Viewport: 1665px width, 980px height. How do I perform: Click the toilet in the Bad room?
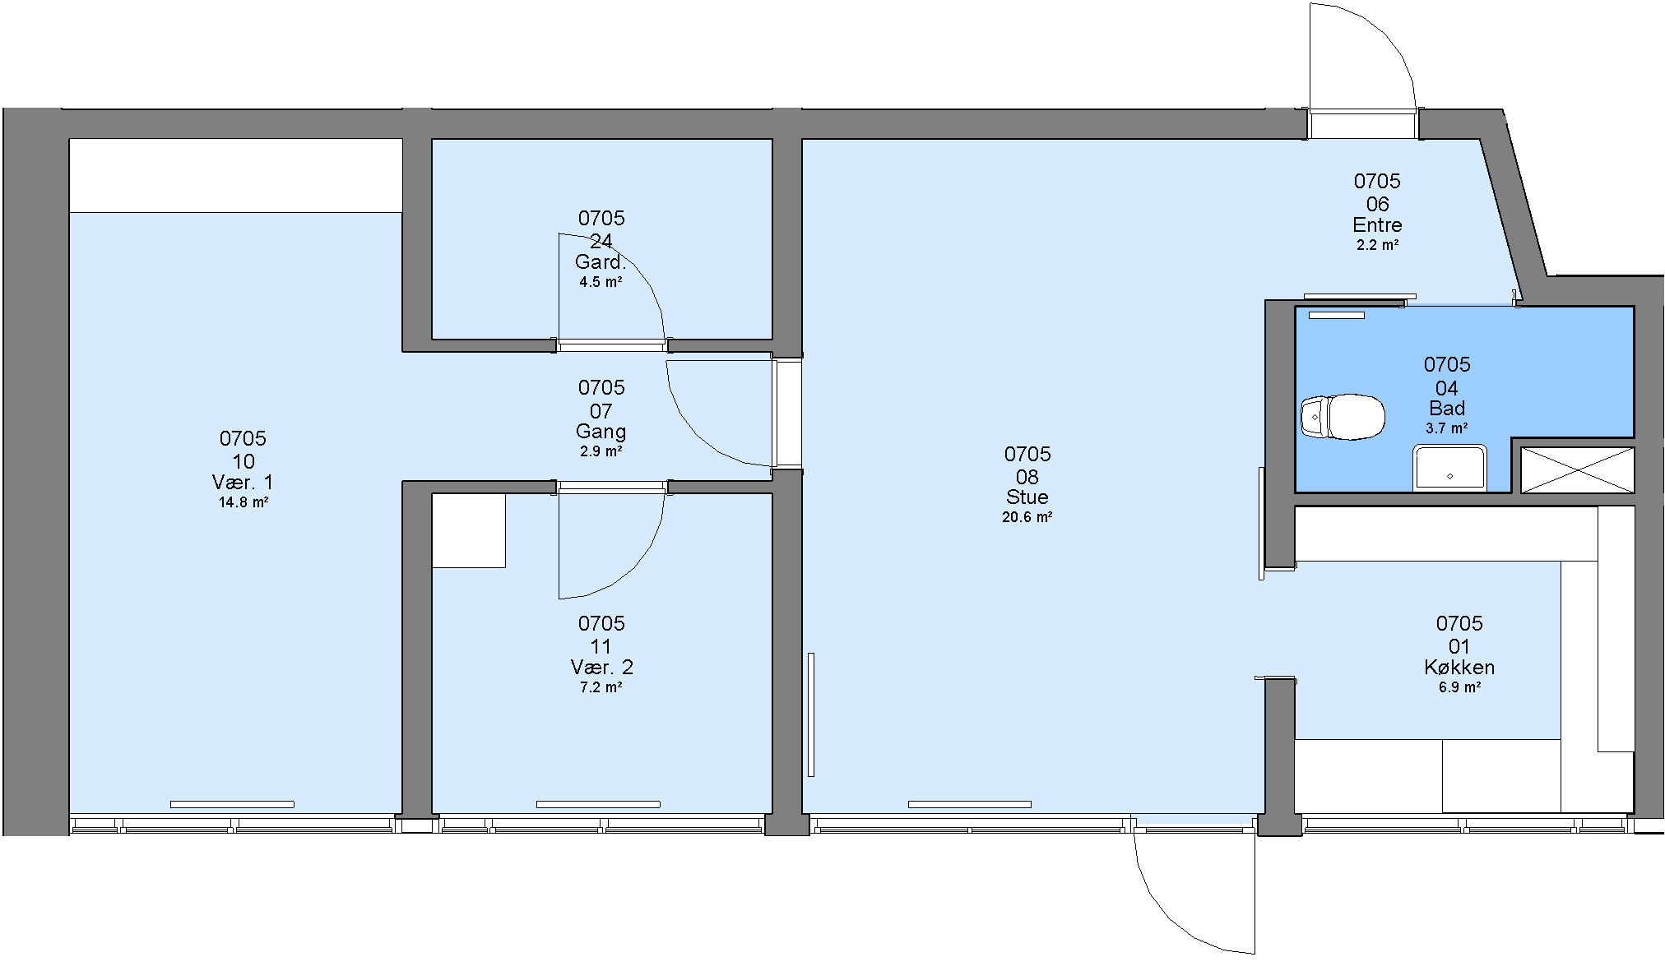click(1342, 416)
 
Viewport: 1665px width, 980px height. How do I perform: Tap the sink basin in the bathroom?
click(1449, 469)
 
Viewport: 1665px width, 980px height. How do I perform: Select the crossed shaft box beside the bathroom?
click(1577, 470)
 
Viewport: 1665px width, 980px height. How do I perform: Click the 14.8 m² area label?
click(243, 502)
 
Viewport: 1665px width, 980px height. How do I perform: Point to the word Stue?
click(1027, 497)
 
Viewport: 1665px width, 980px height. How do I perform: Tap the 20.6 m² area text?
click(1027, 517)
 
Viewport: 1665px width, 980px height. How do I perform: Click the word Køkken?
click(1459, 667)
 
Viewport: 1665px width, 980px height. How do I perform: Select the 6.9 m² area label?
click(1460, 687)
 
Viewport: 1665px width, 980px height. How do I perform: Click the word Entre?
click(1378, 224)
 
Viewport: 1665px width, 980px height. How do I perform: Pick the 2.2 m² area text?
click(1378, 245)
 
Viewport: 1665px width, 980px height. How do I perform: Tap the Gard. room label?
click(601, 262)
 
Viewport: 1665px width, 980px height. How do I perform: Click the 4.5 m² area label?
click(601, 282)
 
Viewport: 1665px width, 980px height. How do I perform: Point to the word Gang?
click(601, 432)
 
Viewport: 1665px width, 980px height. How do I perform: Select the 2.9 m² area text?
click(601, 451)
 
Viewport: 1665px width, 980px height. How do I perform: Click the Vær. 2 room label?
click(601, 667)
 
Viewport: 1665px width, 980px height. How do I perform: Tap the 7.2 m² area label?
click(601, 687)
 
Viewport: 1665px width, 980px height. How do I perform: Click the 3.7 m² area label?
click(1447, 428)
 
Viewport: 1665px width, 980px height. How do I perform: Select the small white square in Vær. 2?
click(469, 530)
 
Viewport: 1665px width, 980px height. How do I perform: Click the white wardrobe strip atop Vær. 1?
click(236, 175)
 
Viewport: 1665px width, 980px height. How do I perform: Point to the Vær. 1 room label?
click(243, 482)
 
